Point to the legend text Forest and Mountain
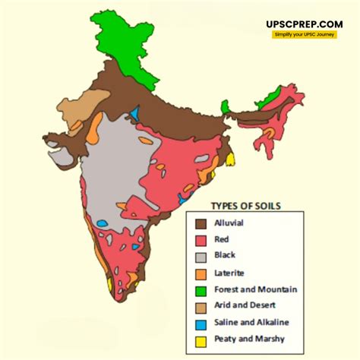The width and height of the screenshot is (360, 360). pos(255,289)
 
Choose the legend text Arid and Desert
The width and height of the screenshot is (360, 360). pos(245,306)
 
